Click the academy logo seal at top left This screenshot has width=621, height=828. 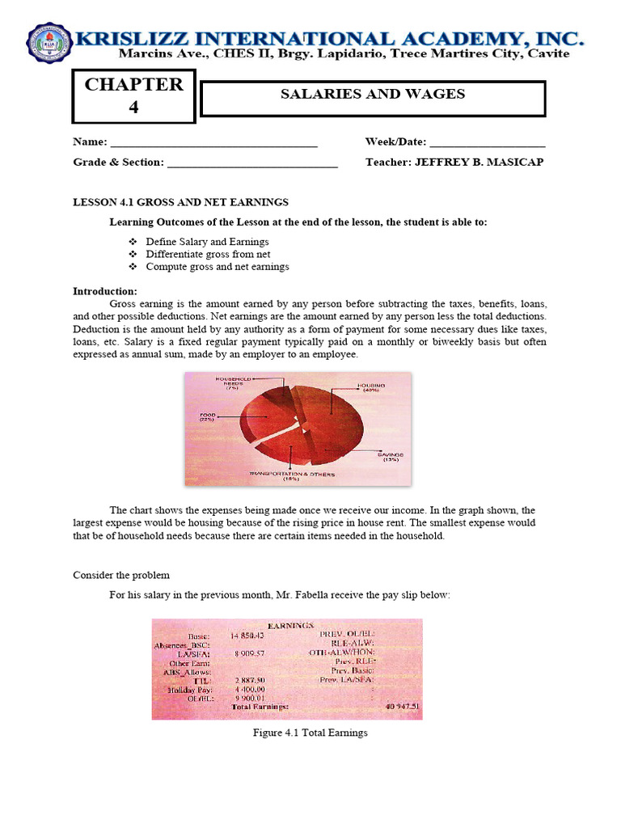coord(50,43)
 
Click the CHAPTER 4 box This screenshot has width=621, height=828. coord(134,95)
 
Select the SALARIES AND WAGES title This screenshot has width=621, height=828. coord(372,95)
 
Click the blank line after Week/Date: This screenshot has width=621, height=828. coord(487,143)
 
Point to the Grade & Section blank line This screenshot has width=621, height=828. coord(251,163)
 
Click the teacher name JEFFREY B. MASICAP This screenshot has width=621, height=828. coord(479,162)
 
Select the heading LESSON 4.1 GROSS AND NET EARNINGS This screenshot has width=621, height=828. coord(180,202)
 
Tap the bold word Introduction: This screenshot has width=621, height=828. coord(105,291)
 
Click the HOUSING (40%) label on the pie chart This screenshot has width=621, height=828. coord(370,389)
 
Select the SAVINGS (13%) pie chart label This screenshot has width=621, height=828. coord(390,458)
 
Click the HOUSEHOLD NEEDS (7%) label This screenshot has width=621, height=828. coord(234,382)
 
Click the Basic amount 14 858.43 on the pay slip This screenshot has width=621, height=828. coord(247,636)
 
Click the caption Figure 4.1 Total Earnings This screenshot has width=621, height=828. coord(310,733)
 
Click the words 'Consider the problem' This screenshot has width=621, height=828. coord(121,575)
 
